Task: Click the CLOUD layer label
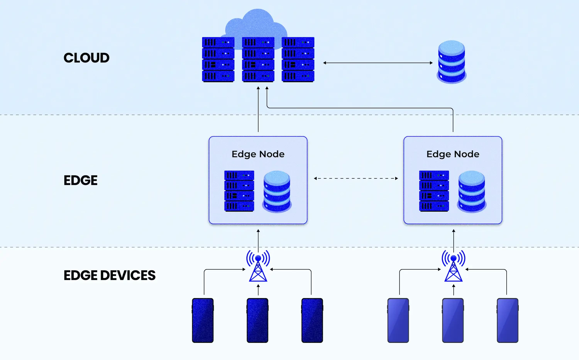tap(86, 58)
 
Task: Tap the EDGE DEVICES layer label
tap(109, 275)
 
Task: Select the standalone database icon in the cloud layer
tap(451, 62)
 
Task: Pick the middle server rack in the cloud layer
tap(258, 59)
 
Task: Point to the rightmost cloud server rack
tap(298, 59)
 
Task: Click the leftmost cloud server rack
tap(218, 59)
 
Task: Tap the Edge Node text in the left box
tap(258, 154)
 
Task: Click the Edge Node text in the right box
tap(453, 154)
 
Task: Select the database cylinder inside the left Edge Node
tap(277, 191)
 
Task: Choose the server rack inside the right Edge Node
tap(434, 191)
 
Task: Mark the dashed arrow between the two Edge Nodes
tap(356, 178)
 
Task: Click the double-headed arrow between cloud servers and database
tap(378, 63)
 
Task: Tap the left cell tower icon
tap(258, 266)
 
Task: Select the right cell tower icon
tap(453, 266)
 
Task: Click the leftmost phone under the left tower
tap(203, 320)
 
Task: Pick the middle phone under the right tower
tap(453, 320)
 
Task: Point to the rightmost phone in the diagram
tap(507, 320)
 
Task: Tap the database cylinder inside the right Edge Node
tap(472, 191)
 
